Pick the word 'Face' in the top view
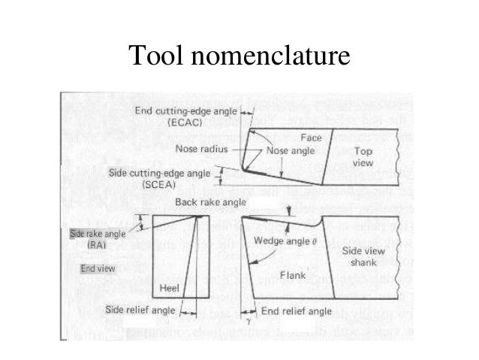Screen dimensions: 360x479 click(x=311, y=138)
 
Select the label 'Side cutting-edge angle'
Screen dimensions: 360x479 click(x=161, y=173)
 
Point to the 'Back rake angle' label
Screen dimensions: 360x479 click(x=206, y=202)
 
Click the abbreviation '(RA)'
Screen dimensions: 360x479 click(x=96, y=245)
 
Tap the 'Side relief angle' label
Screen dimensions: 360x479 click(x=141, y=309)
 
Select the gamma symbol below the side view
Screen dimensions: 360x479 click(x=245, y=321)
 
